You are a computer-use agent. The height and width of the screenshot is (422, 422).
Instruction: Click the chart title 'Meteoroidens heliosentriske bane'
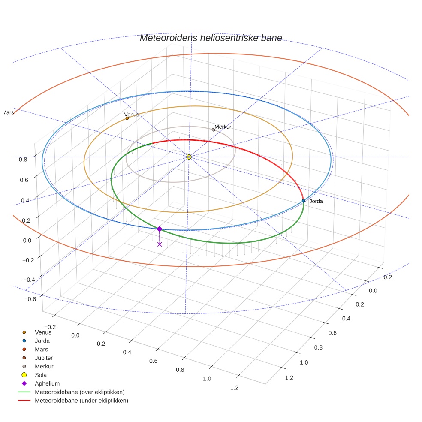[x=211, y=38]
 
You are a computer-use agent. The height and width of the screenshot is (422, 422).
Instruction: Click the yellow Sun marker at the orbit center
[x=189, y=157]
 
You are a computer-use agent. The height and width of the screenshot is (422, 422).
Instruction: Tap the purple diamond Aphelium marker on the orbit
[x=159, y=229]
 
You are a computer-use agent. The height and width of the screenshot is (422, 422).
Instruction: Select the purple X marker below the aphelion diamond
[x=160, y=244]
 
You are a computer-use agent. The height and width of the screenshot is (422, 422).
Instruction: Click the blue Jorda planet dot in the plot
[x=303, y=201]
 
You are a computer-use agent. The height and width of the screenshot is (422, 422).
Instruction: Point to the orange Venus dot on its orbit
[x=127, y=118]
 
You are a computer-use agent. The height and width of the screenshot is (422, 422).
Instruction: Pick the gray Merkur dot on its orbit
[x=213, y=130]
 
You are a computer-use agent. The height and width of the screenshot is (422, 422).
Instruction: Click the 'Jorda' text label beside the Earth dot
[x=316, y=201]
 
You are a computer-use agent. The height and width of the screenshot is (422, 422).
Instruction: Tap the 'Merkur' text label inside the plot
[x=223, y=127]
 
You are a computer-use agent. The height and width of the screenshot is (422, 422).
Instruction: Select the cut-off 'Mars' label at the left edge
[x=8, y=112]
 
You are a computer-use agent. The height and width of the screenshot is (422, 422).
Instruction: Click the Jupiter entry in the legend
[x=44, y=358]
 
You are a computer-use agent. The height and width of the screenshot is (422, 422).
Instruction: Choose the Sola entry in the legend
[x=41, y=375]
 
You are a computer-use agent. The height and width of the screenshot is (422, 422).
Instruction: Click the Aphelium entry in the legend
[x=47, y=383]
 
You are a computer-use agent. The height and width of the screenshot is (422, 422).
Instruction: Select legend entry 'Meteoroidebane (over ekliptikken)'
[x=79, y=392]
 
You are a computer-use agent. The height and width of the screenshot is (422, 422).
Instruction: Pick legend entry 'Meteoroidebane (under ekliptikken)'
[x=81, y=401]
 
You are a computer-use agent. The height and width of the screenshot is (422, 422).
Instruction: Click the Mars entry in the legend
[x=41, y=349]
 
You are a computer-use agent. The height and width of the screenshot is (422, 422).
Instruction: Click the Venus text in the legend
[x=43, y=332]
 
